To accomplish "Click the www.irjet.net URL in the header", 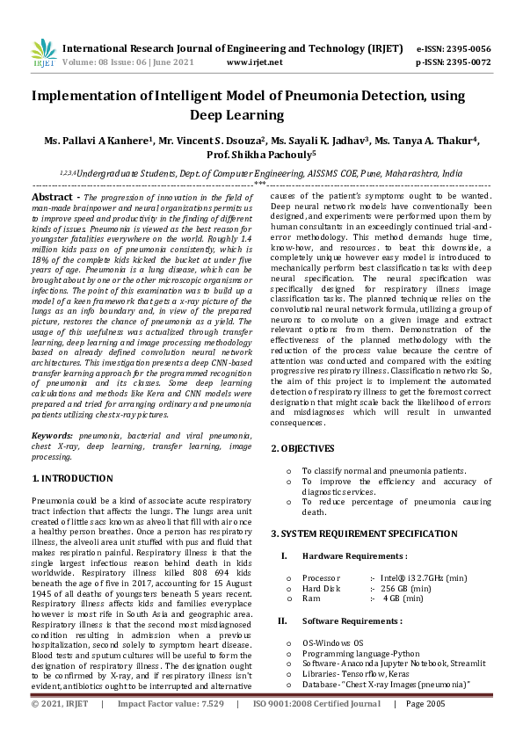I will tap(254, 62).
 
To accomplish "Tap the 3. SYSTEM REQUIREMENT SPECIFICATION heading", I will tap(364, 533).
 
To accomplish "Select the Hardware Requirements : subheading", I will tap(354, 556).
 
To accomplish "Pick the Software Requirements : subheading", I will tap(352, 620).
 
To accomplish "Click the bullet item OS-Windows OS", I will tap(332, 642).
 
